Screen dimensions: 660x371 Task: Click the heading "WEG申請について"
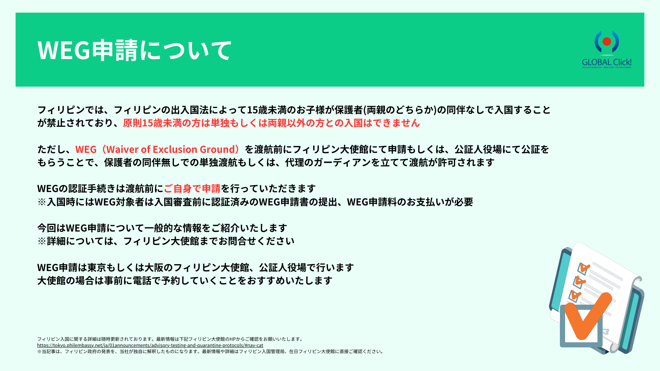134,50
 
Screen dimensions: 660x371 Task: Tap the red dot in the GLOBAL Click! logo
607,42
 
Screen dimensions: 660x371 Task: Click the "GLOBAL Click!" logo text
607,62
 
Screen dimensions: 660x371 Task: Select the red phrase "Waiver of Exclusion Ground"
170,149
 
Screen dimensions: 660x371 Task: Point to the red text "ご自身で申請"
192,189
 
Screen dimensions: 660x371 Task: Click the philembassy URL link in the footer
150,345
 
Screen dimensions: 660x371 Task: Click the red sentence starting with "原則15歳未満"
272,123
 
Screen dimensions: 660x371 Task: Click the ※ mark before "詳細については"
42,241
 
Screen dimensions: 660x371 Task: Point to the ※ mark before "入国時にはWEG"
42,202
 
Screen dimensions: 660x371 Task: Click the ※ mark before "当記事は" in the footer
39,351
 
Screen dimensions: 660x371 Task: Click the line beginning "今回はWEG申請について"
162,228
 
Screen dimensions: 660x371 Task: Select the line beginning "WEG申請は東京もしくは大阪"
196,268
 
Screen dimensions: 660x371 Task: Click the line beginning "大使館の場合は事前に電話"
185,281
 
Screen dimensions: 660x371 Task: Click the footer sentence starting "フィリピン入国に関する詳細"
170,339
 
